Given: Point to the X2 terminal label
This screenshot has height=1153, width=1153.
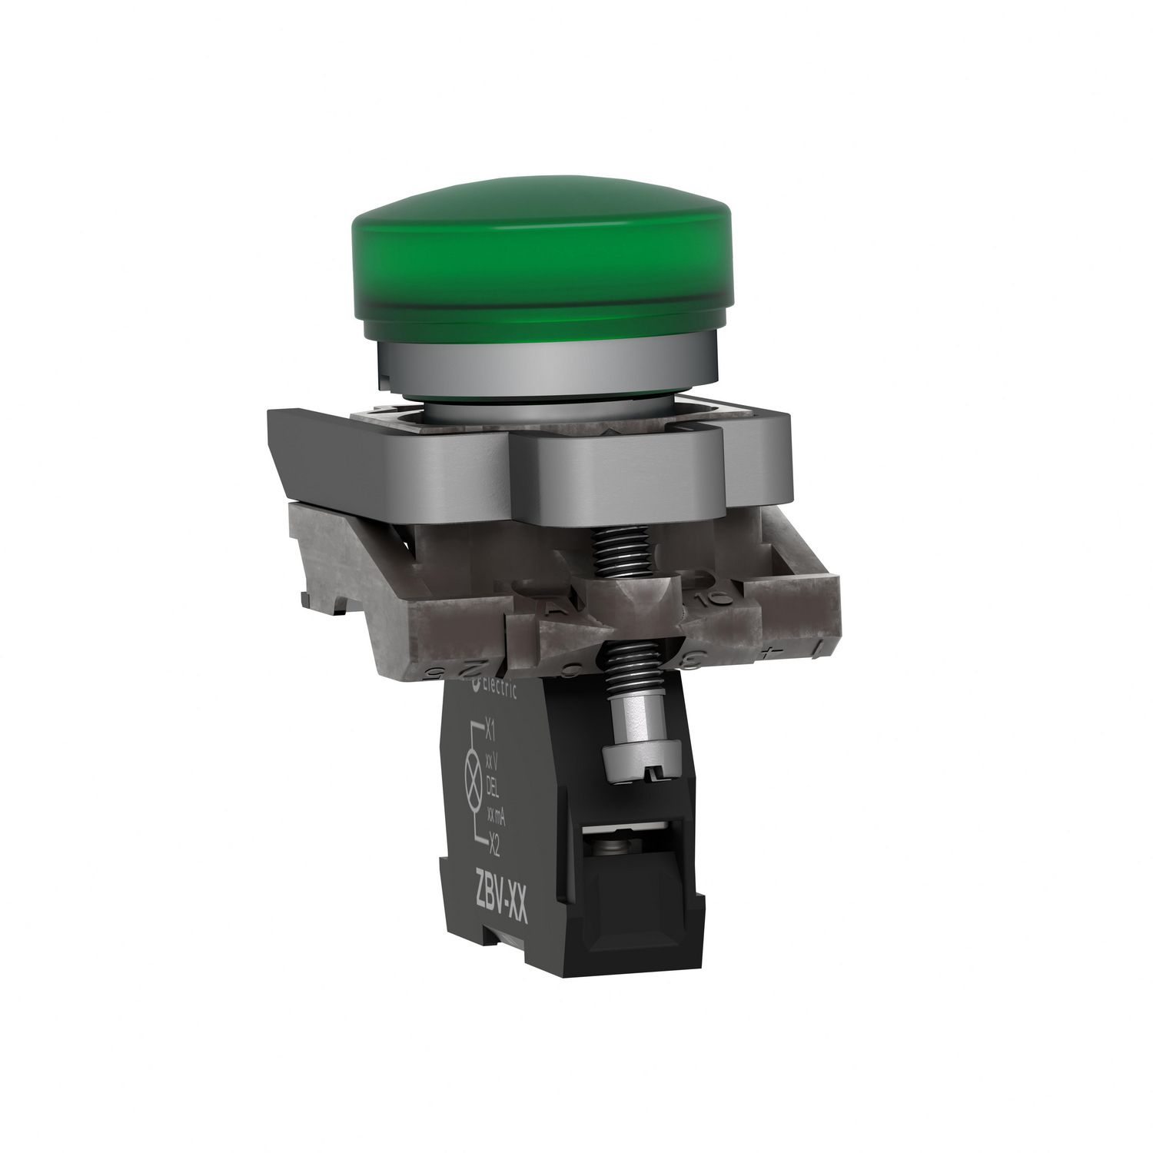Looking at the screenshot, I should pos(495,838).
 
